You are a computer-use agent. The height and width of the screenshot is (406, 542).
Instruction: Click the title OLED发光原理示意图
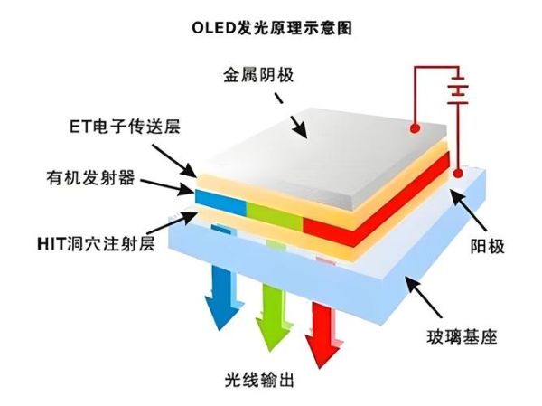click(x=271, y=27)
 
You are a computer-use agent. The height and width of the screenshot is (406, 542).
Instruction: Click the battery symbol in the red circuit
click(x=461, y=90)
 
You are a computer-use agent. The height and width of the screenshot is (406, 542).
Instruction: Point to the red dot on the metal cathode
click(x=414, y=125)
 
